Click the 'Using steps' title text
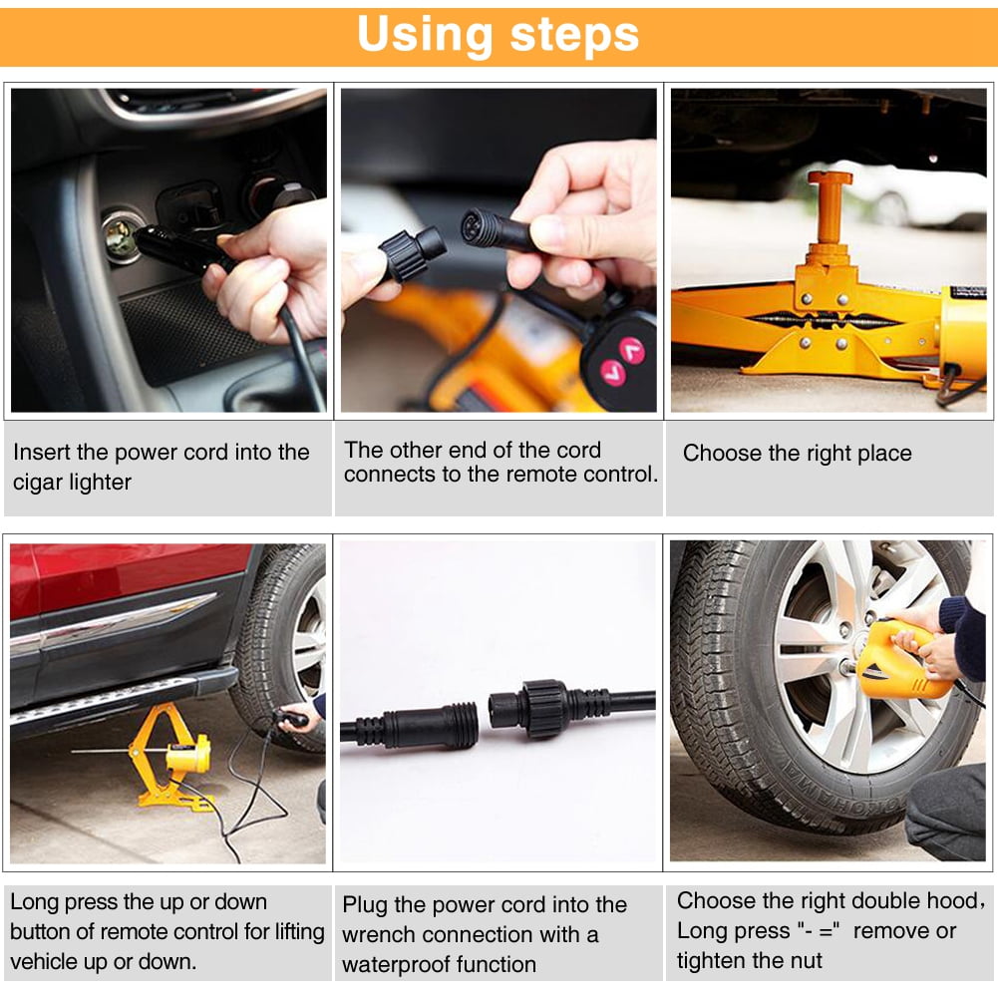pos(498,35)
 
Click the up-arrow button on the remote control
pos(630,350)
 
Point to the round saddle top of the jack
pos(830,178)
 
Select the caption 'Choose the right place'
pos(797,454)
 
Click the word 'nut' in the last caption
pos(804,961)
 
